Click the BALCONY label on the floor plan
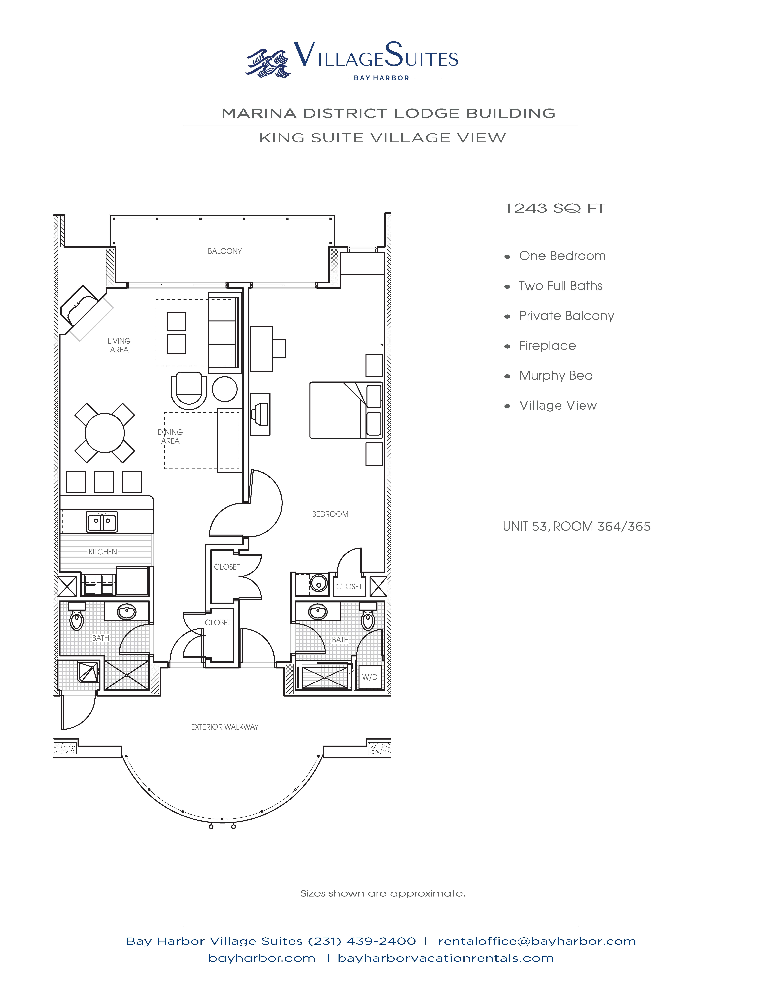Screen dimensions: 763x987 point(225,251)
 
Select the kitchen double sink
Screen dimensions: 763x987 point(102,522)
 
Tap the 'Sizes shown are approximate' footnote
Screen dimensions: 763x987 point(383,893)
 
